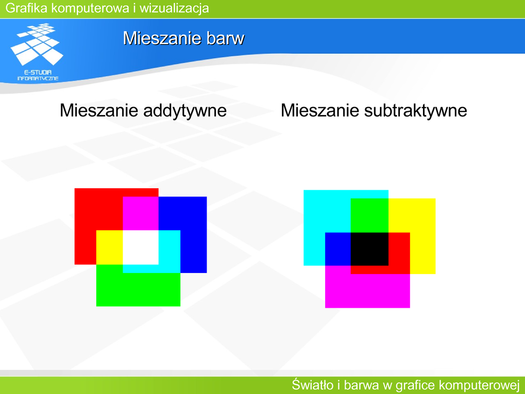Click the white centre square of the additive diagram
click(x=140, y=247)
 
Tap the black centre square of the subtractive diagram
click(x=370, y=249)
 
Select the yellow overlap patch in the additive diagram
click(x=110, y=247)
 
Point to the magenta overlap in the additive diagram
click(x=140, y=213)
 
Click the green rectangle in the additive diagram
click(x=138, y=289)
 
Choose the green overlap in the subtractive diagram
click(x=370, y=215)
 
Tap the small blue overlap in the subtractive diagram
click(x=338, y=249)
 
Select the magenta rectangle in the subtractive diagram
click(x=368, y=291)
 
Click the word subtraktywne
click(x=415, y=110)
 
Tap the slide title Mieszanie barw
click(x=184, y=38)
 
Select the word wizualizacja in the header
click(x=174, y=8)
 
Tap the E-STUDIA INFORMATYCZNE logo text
click(x=38, y=75)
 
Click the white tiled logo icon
click(x=37, y=44)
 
